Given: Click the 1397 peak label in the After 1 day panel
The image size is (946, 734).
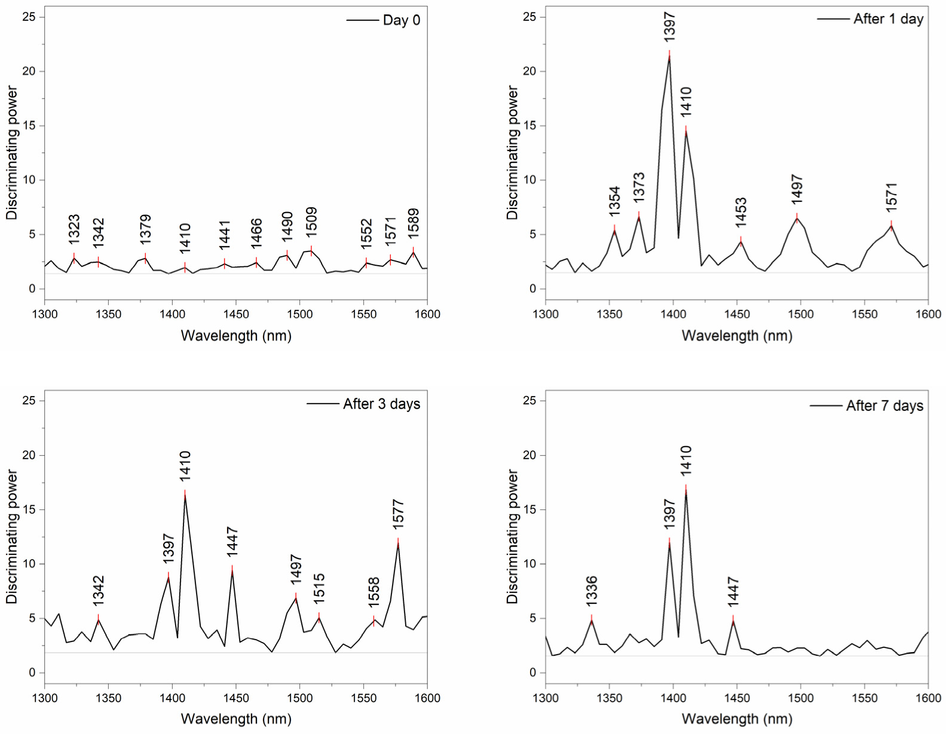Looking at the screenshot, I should pyautogui.click(x=669, y=27).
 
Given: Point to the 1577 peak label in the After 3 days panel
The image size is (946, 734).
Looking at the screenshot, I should pyautogui.click(x=399, y=514).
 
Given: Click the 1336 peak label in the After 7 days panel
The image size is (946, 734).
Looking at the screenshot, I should pyautogui.click(x=592, y=591).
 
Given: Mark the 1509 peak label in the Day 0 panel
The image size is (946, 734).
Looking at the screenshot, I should pyautogui.click(x=311, y=223).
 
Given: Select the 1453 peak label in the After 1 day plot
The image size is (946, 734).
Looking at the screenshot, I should pyautogui.click(x=741, y=213).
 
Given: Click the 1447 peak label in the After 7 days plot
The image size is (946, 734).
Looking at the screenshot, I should pyautogui.click(x=733, y=592).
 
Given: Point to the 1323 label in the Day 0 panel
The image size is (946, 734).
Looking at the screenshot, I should pyautogui.click(x=74, y=229).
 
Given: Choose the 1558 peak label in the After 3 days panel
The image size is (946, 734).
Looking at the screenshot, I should pyautogui.click(x=374, y=592).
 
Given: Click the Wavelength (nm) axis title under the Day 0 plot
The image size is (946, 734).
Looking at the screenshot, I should pyautogui.click(x=236, y=336).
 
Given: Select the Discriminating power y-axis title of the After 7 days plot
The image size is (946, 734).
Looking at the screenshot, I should pyautogui.click(x=512, y=536).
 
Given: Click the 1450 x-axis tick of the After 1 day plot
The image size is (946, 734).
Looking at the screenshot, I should pyautogui.click(x=737, y=314).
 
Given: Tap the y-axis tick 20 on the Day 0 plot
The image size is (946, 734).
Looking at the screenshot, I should pyautogui.click(x=29, y=71).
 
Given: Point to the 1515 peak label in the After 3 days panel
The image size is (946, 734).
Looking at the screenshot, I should pyautogui.click(x=319, y=589).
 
